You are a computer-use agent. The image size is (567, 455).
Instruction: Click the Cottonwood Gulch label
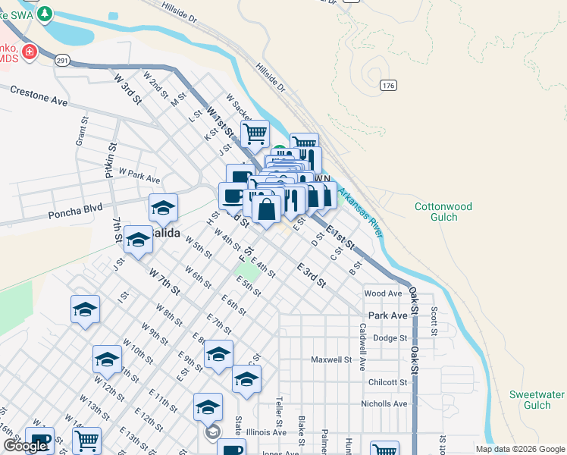pos(443,212)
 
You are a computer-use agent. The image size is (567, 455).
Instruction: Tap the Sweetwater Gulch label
pos(537,400)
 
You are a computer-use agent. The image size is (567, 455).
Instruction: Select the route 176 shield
pos(389,86)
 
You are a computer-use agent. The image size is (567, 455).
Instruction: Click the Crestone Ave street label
pos(39,96)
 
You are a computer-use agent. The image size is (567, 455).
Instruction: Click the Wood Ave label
pos(383,293)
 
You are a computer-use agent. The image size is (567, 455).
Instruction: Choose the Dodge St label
pos(390,338)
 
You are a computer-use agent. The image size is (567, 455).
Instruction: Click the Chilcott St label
pos(387,383)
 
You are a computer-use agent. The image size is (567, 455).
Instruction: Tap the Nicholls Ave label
pos(384,404)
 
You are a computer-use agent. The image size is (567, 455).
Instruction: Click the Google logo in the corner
pos(25,446)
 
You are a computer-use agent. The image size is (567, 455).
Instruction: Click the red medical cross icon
pos(29,52)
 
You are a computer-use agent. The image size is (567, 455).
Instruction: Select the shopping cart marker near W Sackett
pos(255,134)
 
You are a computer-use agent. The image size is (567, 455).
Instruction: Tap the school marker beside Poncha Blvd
pos(163,207)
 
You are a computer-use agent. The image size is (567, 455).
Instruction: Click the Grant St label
pos(79,136)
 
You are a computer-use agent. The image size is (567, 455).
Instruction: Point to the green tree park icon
pos(45,13)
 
